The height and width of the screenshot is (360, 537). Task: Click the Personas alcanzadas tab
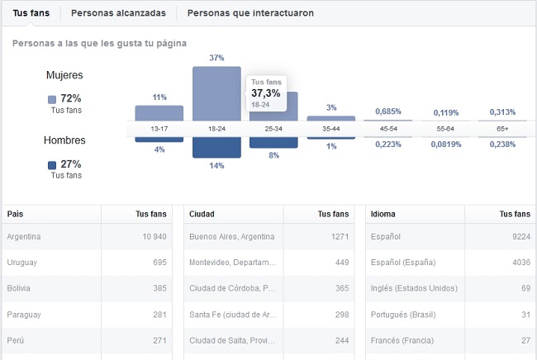click(118, 13)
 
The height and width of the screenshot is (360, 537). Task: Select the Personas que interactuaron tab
click(250, 13)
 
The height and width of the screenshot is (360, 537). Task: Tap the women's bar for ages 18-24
click(216, 93)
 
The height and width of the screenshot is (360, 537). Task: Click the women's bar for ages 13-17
click(159, 113)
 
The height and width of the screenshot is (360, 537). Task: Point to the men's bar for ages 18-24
click(216, 147)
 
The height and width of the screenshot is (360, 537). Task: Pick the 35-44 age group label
click(330, 130)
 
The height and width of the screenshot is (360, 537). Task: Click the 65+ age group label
click(502, 130)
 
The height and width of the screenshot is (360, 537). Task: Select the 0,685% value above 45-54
click(388, 111)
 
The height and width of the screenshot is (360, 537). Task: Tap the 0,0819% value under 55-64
click(445, 144)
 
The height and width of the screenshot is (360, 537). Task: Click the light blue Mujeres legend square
click(52, 99)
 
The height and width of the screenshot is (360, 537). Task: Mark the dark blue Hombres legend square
click(52, 164)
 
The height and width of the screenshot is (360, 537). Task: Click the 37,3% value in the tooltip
click(266, 94)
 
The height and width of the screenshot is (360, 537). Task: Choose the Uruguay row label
click(22, 262)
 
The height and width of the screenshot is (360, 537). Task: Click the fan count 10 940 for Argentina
click(150, 237)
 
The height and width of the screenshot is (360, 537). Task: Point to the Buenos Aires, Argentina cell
click(231, 237)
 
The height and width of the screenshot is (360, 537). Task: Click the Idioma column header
click(383, 214)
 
